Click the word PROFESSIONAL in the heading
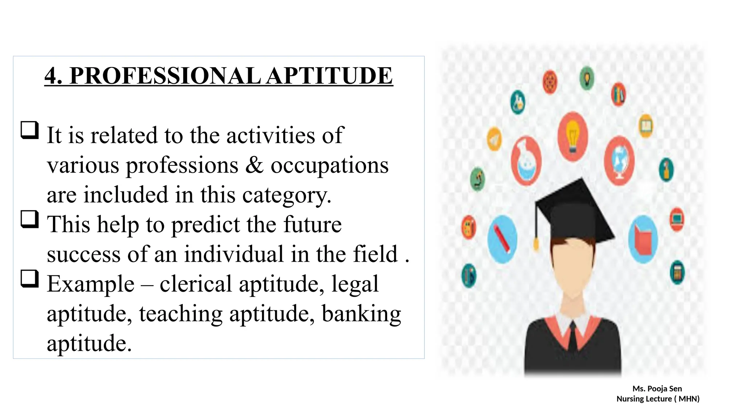tap(165, 76)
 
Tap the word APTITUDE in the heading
tap(329, 76)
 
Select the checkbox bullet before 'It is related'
tap(30, 130)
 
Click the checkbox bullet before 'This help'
tap(30, 219)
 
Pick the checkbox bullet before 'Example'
tap(30, 279)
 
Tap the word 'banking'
tap(361, 313)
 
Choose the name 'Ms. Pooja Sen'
tap(657, 389)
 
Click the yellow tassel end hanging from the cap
tap(536, 243)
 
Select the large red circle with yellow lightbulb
tap(572, 136)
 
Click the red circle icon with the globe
tap(619, 160)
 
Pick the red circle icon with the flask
tap(526, 161)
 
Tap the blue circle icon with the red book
tap(643, 239)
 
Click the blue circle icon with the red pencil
tap(502, 239)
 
